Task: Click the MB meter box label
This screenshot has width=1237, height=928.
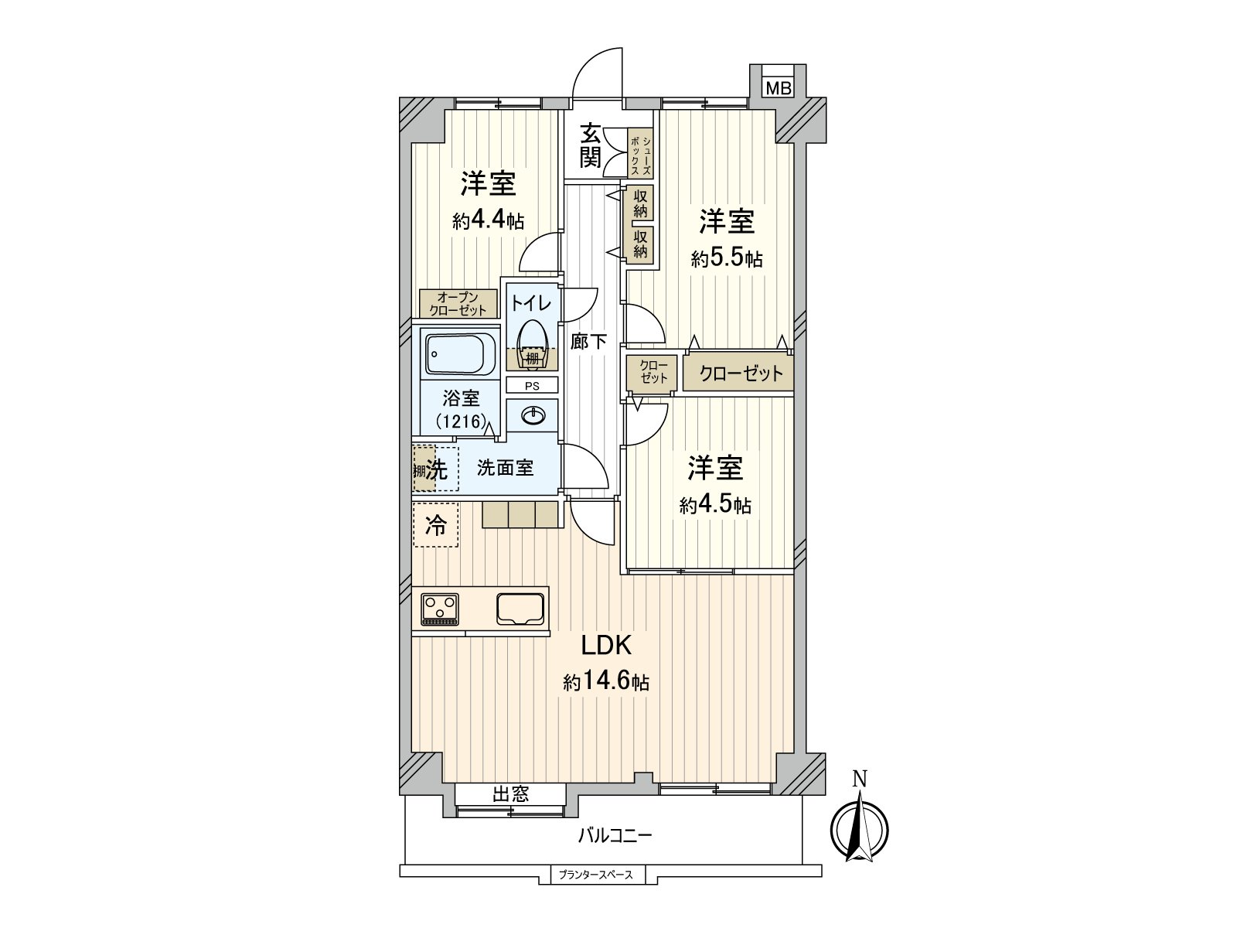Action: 779,88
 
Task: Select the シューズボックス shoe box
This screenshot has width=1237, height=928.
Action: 641,153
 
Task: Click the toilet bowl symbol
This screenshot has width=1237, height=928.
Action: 532,343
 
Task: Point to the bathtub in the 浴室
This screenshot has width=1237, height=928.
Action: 461,354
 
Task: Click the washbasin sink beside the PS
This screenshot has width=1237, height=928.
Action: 533,416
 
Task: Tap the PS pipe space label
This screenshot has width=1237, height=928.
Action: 532,385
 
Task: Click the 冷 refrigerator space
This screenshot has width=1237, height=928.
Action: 436,525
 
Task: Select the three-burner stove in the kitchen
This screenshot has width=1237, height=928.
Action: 440,609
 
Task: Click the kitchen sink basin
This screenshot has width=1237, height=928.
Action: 520,609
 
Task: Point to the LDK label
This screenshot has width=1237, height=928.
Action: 607,645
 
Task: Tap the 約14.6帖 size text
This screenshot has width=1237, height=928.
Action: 606,682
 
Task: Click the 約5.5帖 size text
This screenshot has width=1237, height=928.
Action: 727,258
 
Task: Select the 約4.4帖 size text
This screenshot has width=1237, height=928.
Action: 489,220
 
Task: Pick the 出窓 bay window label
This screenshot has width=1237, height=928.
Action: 511,793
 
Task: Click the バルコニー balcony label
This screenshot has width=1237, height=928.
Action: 615,835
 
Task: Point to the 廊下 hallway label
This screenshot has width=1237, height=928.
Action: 588,341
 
